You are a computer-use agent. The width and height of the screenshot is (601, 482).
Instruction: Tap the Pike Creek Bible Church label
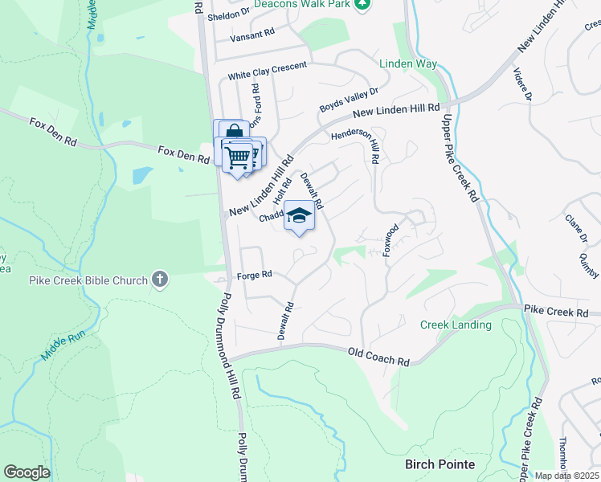(x=88, y=280)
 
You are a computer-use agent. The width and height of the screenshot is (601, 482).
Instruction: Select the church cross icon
(x=160, y=280)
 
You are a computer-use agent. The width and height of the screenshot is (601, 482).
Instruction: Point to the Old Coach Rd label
(x=378, y=357)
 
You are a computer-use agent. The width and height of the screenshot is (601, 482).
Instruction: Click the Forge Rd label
(x=255, y=276)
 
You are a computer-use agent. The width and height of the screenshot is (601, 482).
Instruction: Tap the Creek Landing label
(x=456, y=325)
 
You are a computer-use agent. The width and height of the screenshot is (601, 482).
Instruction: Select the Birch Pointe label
(x=440, y=464)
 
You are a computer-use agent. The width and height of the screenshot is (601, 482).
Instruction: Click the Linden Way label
(x=407, y=63)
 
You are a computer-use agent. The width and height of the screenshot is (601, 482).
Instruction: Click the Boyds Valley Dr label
(x=348, y=100)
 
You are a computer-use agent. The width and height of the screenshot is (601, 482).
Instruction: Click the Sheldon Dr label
(x=230, y=16)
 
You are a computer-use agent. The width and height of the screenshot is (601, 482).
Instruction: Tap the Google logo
(x=27, y=472)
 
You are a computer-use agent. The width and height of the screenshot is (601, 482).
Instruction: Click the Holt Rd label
(x=281, y=190)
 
